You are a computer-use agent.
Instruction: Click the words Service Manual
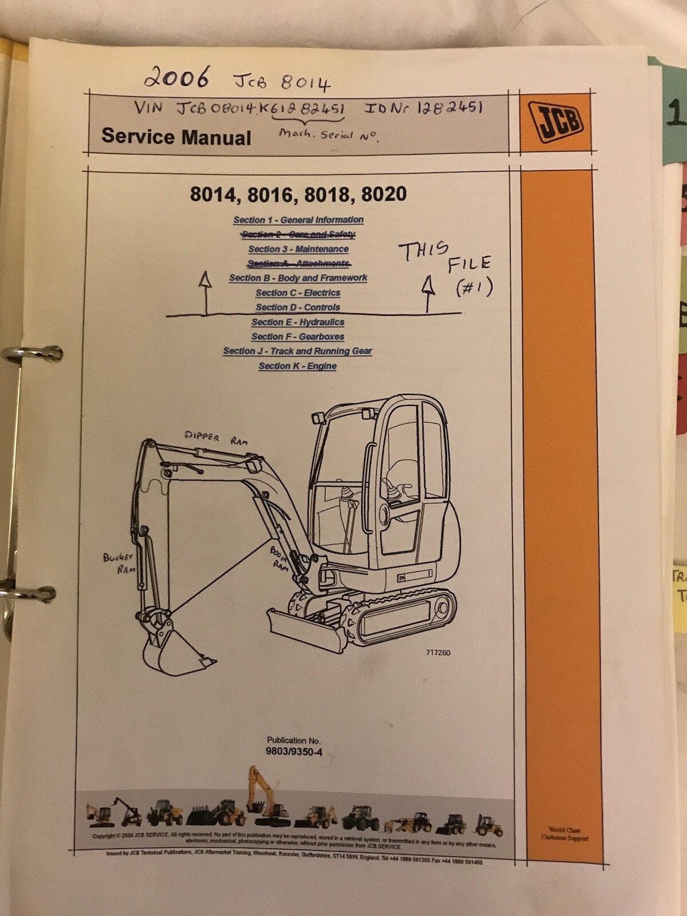click(176, 137)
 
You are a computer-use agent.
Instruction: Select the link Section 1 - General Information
click(298, 220)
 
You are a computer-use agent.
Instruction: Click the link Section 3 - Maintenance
click(298, 249)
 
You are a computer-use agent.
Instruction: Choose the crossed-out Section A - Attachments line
click(298, 263)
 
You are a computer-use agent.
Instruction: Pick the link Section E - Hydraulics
click(298, 322)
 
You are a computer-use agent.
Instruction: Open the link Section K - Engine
click(298, 366)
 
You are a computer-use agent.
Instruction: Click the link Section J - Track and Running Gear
click(298, 351)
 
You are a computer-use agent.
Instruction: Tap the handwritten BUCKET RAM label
click(119, 563)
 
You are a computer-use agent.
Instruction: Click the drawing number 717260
click(438, 653)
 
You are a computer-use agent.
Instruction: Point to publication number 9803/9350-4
click(294, 752)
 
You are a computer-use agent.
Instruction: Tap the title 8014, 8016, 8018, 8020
click(298, 195)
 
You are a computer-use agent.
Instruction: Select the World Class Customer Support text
click(564, 834)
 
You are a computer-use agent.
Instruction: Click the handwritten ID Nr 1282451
click(424, 107)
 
